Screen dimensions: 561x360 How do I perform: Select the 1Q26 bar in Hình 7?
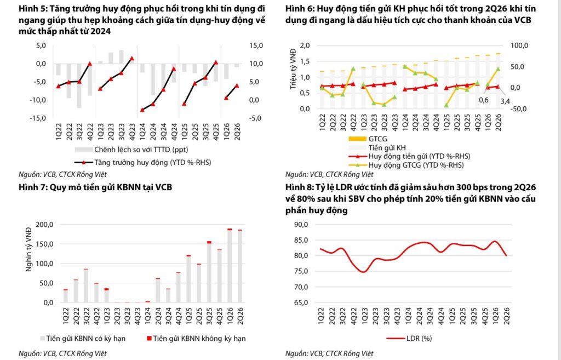coord(230,266)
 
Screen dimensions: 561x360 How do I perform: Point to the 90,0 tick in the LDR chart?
coord(301,225)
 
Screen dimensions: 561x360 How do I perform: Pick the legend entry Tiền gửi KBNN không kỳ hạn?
coord(196,338)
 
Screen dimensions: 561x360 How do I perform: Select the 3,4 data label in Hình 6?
coord(505,102)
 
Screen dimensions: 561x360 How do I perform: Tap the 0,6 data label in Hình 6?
coord(483,100)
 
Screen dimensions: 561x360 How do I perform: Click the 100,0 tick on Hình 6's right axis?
coord(519,46)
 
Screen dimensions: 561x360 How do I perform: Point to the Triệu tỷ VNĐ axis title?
coord(294,69)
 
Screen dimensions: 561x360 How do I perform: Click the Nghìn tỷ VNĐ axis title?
coord(28,249)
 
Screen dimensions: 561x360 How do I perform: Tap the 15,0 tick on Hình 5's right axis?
coord(256,46)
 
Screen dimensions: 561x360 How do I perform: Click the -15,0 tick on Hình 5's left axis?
coord(37,118)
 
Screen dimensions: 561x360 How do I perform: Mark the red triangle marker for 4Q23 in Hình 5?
coord(131,58)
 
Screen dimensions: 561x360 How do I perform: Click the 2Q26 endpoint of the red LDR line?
coord(507,255)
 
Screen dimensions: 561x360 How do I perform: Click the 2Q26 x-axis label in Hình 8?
coord(507,316)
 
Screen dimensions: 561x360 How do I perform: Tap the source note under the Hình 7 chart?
coord(62,353)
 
